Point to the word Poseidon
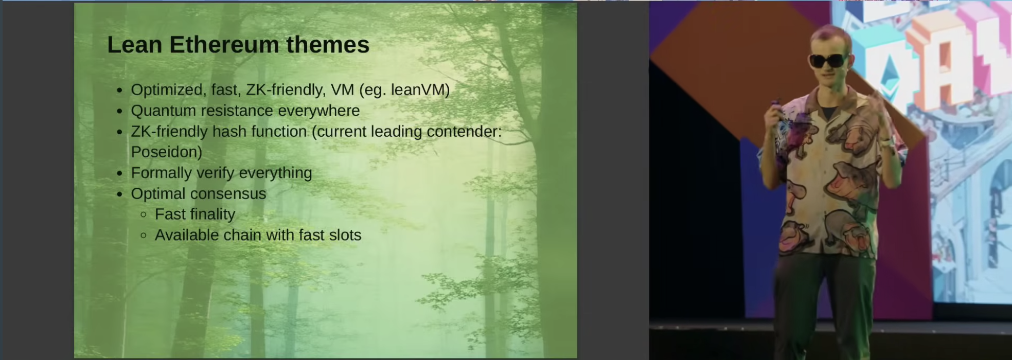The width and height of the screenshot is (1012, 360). coord(166,152)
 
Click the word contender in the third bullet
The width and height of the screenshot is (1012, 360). coord(464,132)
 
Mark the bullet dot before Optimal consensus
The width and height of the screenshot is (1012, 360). coord(119,194)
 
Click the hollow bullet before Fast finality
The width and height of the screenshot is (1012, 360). coord(144,215)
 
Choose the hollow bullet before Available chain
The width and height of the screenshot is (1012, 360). coord(144,236)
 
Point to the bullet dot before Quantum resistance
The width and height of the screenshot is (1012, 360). coord(119,111)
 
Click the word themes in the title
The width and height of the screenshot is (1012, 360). coord(328,45)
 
